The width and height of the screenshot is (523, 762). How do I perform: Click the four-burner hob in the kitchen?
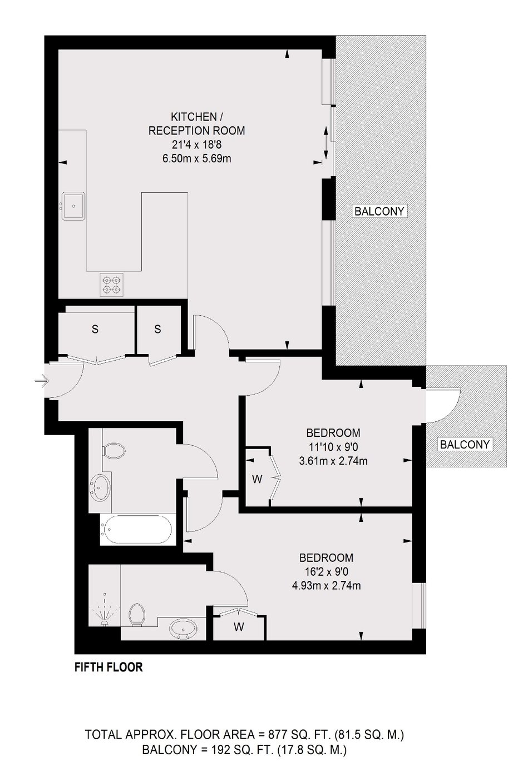pos(112,285)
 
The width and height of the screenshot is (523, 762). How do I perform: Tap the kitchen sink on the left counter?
pos(73,206)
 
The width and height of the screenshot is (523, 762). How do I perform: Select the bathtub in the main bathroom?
pos(138,530)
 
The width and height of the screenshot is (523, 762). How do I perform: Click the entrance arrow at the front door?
pos(42,380)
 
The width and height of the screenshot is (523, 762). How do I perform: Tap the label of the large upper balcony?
pos(379,211)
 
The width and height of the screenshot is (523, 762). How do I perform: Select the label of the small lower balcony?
pos(465,445)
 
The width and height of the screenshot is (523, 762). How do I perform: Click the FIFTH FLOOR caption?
pos(108,676)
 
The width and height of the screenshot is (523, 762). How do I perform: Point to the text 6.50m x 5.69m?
pos(197,158)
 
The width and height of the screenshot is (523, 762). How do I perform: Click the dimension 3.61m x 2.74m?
pos(333,461)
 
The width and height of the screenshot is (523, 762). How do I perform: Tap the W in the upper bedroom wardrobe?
pos(258,479)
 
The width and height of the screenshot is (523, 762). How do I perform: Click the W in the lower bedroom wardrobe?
pos(239,626)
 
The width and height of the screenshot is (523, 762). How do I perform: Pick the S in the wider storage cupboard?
pos(95,329)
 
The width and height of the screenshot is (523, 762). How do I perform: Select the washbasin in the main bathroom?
pos(100,487)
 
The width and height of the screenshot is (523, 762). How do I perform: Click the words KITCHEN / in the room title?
pos(197,117)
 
